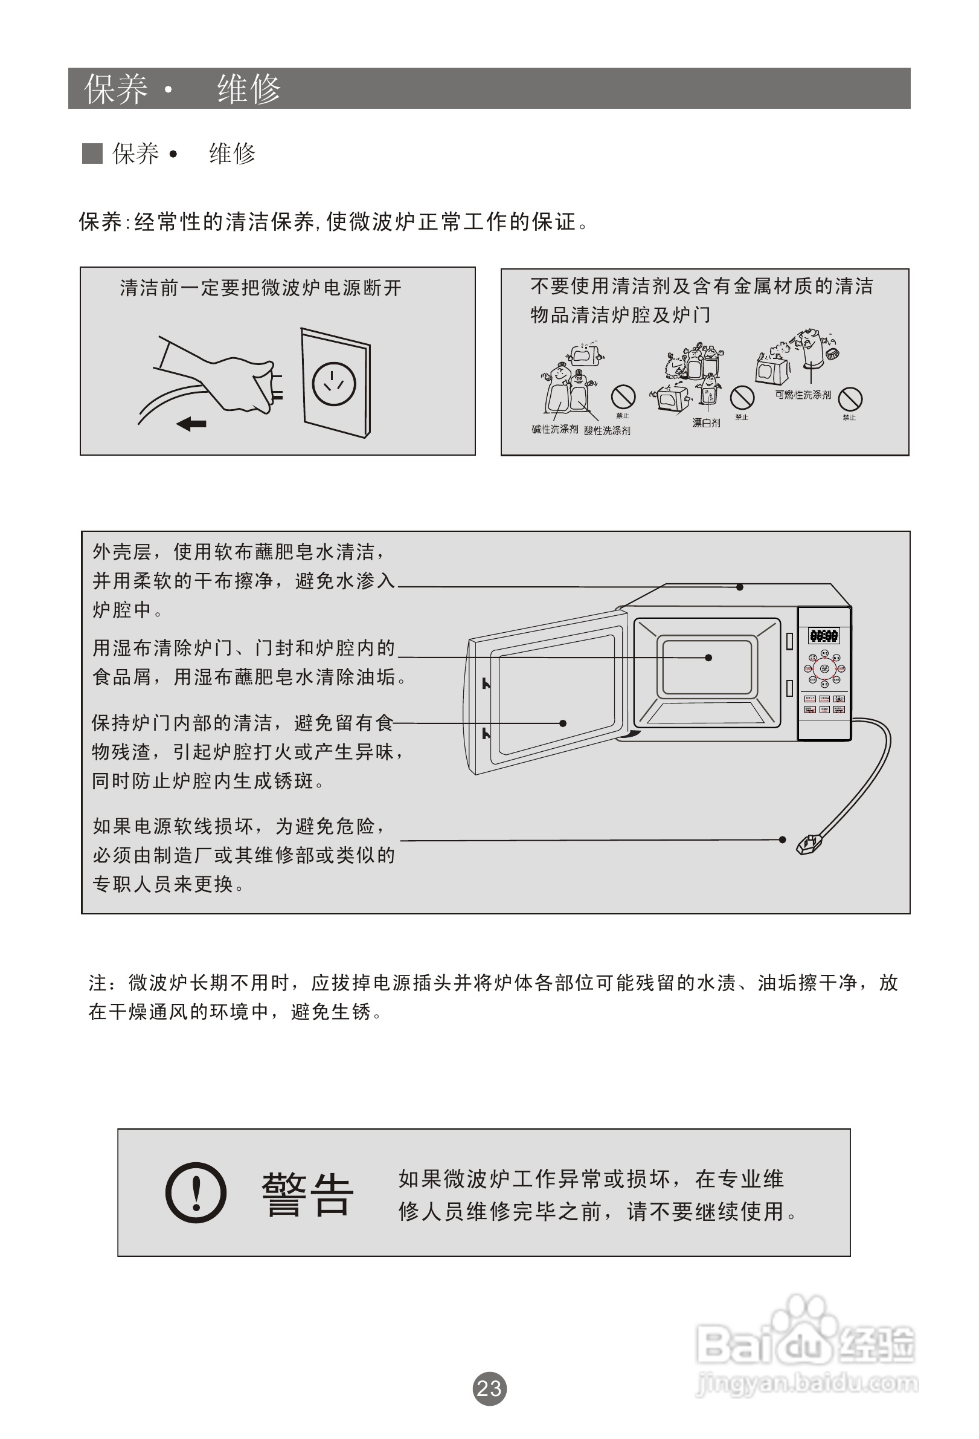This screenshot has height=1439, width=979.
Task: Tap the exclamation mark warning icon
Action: [x=196, y=1192]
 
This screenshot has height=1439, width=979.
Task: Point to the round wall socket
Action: [x=334, y=383]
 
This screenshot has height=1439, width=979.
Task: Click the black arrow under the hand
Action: [x=191, y=424]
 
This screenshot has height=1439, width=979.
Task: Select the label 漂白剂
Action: [x=706, y=423]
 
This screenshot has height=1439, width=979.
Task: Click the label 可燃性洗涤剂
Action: [x=803, y=395]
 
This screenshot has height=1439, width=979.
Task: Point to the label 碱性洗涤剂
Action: [x=554, y=428]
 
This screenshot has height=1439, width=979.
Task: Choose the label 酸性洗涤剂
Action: [x=607, y=430]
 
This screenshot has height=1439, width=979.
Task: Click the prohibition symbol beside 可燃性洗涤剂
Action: [x=851, y=398]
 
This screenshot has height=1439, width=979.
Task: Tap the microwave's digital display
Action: [x=824, y=635]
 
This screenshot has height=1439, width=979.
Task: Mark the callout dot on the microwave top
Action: [x=739, y=587]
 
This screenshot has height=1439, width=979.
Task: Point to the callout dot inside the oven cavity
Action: [x=708, y=658]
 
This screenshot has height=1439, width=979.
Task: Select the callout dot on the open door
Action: [x=562, y=723]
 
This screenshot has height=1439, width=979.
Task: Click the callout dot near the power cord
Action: [x=782, y=839]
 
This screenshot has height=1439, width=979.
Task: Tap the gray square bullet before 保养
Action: [x=92, y=154]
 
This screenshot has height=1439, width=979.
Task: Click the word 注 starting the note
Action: [x=98, y=983]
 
